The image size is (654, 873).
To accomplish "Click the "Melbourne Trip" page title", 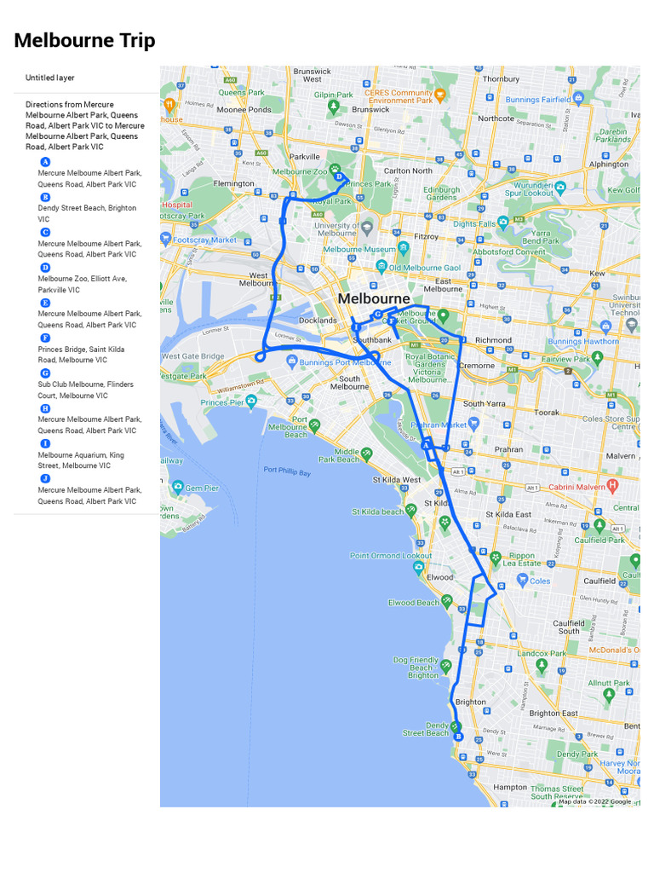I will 84,40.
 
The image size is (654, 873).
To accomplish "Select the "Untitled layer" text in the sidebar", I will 49,78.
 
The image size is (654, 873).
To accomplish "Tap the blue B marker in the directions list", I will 46,197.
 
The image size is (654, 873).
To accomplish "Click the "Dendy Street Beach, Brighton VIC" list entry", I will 87,213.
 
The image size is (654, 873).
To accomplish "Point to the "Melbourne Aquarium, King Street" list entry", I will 81,460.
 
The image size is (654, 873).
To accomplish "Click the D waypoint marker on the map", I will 339,177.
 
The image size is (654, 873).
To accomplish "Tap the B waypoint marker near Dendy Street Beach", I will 458,736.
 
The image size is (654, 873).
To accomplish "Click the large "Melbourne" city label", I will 374,299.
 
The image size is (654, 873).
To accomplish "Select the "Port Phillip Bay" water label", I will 287,471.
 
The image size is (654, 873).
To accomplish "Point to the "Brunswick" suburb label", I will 370,109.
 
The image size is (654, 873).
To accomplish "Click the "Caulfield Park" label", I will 599,540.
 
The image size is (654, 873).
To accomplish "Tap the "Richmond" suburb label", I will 493,340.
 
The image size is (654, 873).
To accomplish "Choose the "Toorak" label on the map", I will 547,413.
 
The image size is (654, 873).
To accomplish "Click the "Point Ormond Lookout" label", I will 391,556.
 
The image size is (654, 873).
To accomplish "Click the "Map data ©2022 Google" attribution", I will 594,801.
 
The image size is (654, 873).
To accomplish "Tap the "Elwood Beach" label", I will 414,603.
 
